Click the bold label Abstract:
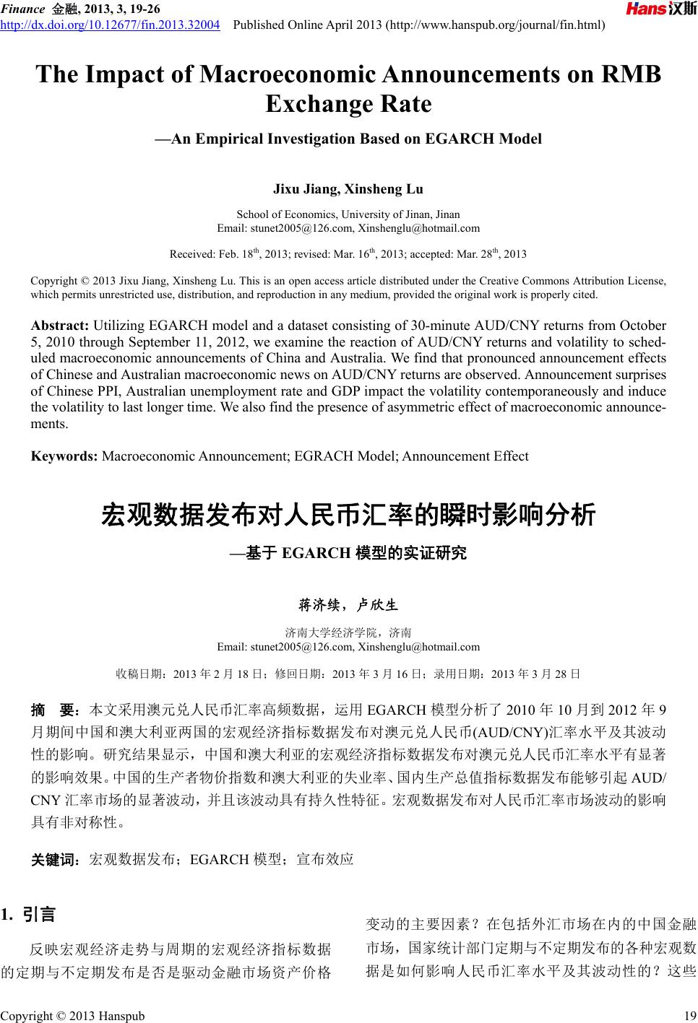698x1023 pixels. click(x=60, y=326)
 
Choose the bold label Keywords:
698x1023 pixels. click(x=64, y=456)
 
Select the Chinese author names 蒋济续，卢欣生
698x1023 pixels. click(x=348, y=604)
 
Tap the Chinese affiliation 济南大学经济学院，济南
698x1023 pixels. click(x=348, y=632)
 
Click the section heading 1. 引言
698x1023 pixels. click(x=29, y=915)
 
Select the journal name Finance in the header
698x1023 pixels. click(x=23, y=9)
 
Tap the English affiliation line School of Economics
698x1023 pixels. click(x=348, y=214)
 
